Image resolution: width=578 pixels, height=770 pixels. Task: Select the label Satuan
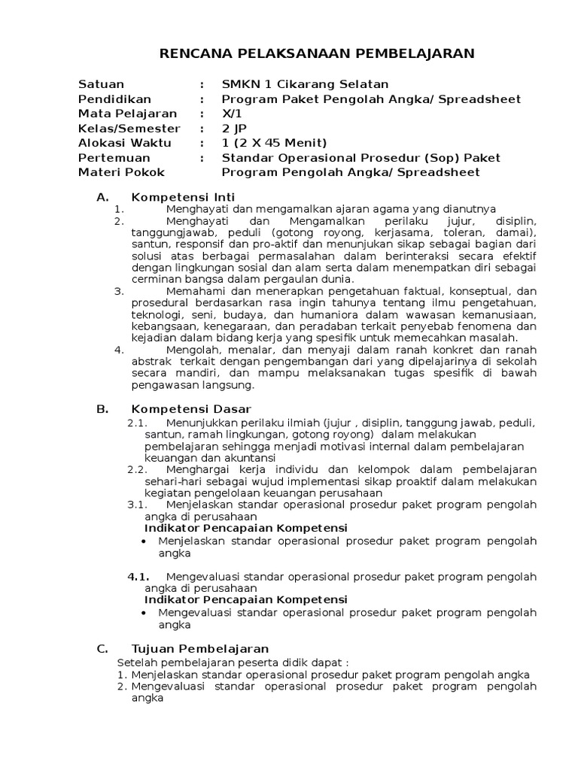tap(101, 84)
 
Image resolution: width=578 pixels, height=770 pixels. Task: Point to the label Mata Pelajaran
tap(127, 114)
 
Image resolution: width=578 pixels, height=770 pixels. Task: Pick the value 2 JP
tap(233, 129)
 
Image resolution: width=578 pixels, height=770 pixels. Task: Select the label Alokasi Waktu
tap(124, 143)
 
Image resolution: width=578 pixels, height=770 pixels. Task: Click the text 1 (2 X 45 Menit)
tap(274, 143)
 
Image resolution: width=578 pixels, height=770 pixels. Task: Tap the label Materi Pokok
tap(121, 172)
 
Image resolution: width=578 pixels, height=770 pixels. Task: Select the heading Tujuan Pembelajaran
tap(199, 648)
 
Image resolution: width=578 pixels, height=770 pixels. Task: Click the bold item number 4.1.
tap(136, 577)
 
